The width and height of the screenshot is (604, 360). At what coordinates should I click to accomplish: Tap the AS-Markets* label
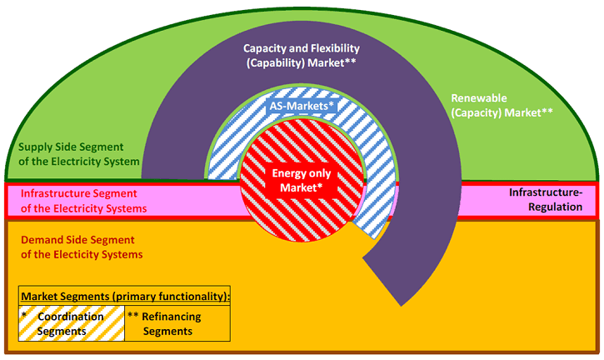[x=301, y=107]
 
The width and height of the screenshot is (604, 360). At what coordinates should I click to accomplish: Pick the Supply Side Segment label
[x=79, y=154]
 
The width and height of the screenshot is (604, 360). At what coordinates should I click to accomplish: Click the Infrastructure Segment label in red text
[x=83, y=201]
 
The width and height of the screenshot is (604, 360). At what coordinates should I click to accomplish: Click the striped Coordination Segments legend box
[x=72, y=323]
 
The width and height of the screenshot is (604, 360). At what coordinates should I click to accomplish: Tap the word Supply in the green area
[x=38, y=147]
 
